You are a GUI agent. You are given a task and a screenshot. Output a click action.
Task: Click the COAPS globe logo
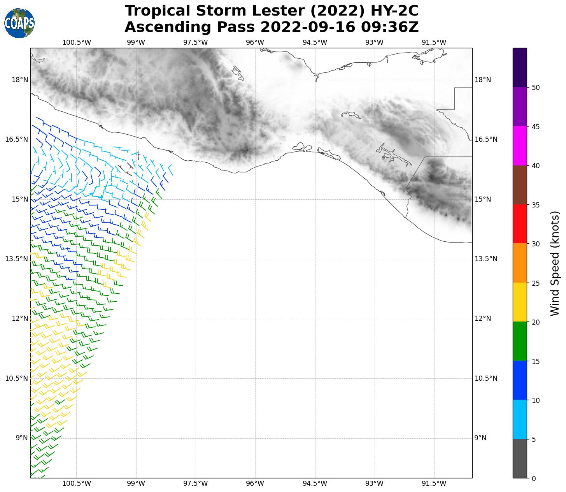19,23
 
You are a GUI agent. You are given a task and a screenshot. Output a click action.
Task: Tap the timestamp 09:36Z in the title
389,27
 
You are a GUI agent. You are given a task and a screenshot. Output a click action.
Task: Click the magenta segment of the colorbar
520,146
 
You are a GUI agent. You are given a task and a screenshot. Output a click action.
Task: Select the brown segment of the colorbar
520,185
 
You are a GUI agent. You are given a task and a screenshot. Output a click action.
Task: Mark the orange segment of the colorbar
520,263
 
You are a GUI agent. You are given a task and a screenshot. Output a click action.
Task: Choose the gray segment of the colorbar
520,459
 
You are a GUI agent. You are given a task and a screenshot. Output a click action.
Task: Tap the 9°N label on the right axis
480,438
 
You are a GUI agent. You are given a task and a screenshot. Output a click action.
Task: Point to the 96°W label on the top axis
255,42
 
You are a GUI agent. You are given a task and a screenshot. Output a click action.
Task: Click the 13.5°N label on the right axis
486,259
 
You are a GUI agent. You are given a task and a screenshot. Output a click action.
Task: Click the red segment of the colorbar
520,224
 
